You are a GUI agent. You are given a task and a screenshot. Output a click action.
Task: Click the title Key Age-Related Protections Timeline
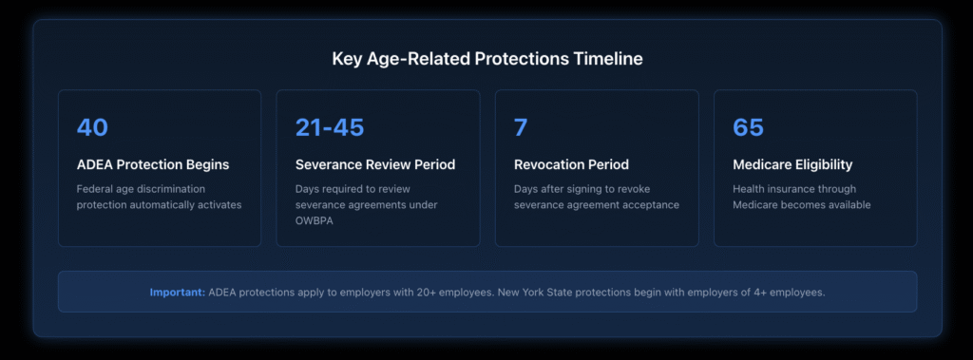(x=486, y=59)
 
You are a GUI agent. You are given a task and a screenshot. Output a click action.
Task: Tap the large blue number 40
(x=92, y=127)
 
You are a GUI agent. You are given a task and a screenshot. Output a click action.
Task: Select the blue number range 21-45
(x=329, y=127)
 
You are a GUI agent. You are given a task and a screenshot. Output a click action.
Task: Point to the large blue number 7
(x=520, y=127)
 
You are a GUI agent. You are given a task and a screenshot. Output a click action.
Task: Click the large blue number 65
(x=748, y=127)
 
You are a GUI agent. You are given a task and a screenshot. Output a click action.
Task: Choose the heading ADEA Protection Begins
(x=152, y=164)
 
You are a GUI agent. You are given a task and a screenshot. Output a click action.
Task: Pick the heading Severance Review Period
(x=374, y=164)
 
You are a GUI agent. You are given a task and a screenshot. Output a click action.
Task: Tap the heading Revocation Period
(x=571, y=164)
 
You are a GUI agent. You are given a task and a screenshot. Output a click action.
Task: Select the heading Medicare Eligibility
(x=792, y=164)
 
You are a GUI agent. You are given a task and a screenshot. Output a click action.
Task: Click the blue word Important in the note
(x=176, y=293)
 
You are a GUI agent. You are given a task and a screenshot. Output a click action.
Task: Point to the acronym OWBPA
(x=318, y=220)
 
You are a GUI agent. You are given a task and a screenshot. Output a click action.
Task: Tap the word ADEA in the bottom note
(x=224, y=293)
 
